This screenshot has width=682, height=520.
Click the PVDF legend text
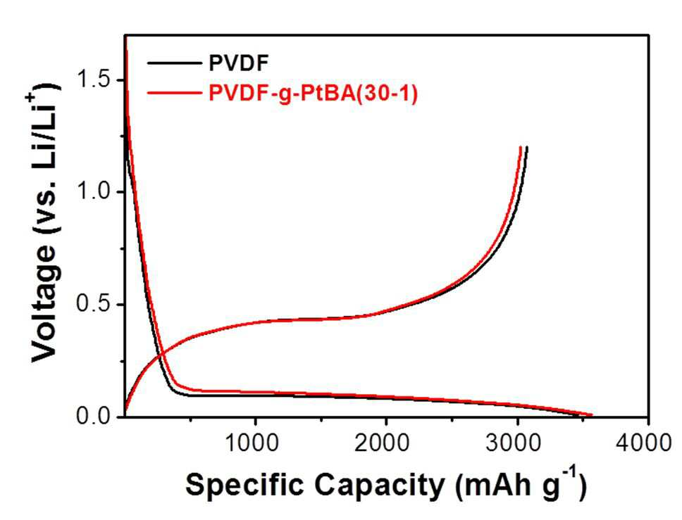[239, 63]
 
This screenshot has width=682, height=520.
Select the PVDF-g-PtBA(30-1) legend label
[313, 93]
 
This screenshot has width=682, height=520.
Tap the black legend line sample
[175, 63]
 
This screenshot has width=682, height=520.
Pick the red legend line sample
[175, 92]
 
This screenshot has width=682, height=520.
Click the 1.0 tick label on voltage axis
[94, 191]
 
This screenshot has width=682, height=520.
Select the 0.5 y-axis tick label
[94, 304]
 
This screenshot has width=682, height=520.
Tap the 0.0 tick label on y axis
[94, 416]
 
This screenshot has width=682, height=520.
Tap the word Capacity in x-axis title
[380, 485]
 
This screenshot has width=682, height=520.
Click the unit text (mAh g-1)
[521, 483]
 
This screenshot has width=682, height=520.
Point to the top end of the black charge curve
[527, 147]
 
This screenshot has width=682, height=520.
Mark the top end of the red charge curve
[520, 147]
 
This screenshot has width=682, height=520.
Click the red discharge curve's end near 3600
[592, 415]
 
